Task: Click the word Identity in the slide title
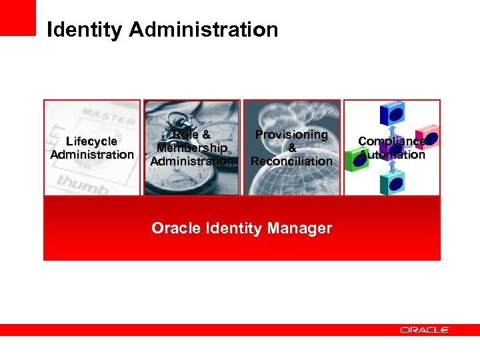tap(85, 30)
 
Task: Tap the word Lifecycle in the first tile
tap(92, 141)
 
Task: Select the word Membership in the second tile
tap(192, 147)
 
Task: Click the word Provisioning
tap(291, 135)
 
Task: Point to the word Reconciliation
tap(291, 161)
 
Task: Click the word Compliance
tap(391, 141)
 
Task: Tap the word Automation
tap(391, 155)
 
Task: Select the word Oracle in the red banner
tap(175, 228)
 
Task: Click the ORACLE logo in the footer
tap(425, 330)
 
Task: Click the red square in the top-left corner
tap(17, 17)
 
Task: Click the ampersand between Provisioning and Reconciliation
tap(291, 148)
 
